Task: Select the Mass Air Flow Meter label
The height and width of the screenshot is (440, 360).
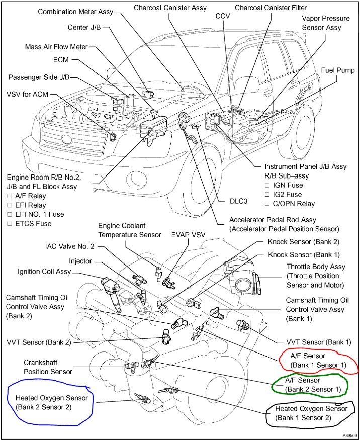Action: click(56, 47)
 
